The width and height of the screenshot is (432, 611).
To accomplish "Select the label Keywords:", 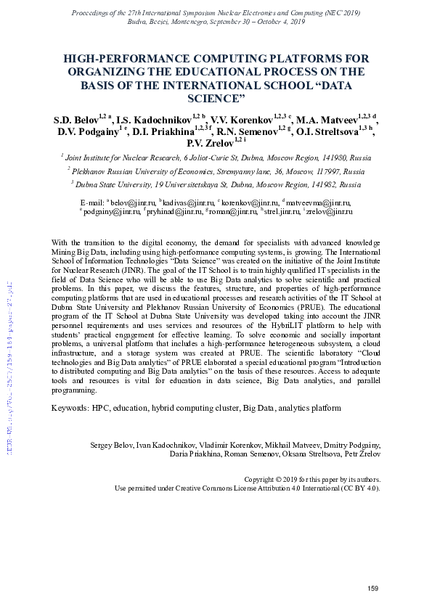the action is (x=70, y=409).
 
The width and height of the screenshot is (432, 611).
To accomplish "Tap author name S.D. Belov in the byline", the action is (x=76, y=118).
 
